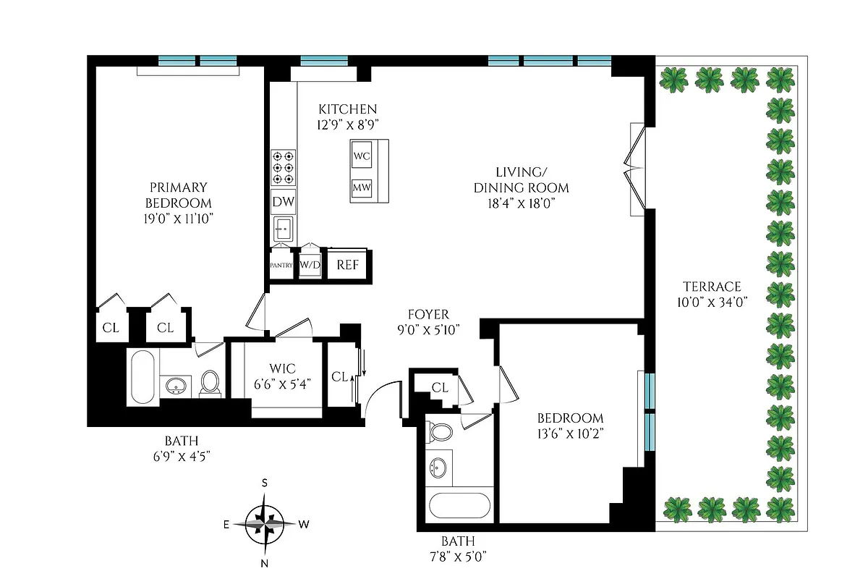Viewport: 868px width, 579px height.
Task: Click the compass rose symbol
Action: pyautogui.click(x=265, y=523)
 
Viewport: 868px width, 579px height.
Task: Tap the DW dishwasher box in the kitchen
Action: pyautogui.click(x=283, y=203)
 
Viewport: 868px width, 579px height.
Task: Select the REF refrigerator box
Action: pyautogui.click(x=348, y=265)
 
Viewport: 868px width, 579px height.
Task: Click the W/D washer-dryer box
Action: pyautogui.click(x=310, y=265)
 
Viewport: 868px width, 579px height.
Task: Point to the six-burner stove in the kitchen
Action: pyautogui.click(x=283, y=168)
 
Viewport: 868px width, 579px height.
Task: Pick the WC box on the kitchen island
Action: pyautogui.click(x=362, y=156)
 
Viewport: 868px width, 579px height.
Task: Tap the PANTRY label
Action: pyautogui.click(x=281, y=266)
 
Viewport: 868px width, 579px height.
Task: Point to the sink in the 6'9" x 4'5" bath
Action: pyautogui.click(x=176, y=386)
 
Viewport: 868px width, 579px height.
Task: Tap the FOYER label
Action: pyautogui.click(x=428, y=314)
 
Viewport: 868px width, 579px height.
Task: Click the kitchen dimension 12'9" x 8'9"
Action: pyautogui.click(x=347, y=124)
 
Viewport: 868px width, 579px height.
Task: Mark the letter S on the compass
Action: pyautogui.click(x=265, y=483)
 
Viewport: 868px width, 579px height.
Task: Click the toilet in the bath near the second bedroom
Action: pyautogui.click(x=440, y=432)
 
